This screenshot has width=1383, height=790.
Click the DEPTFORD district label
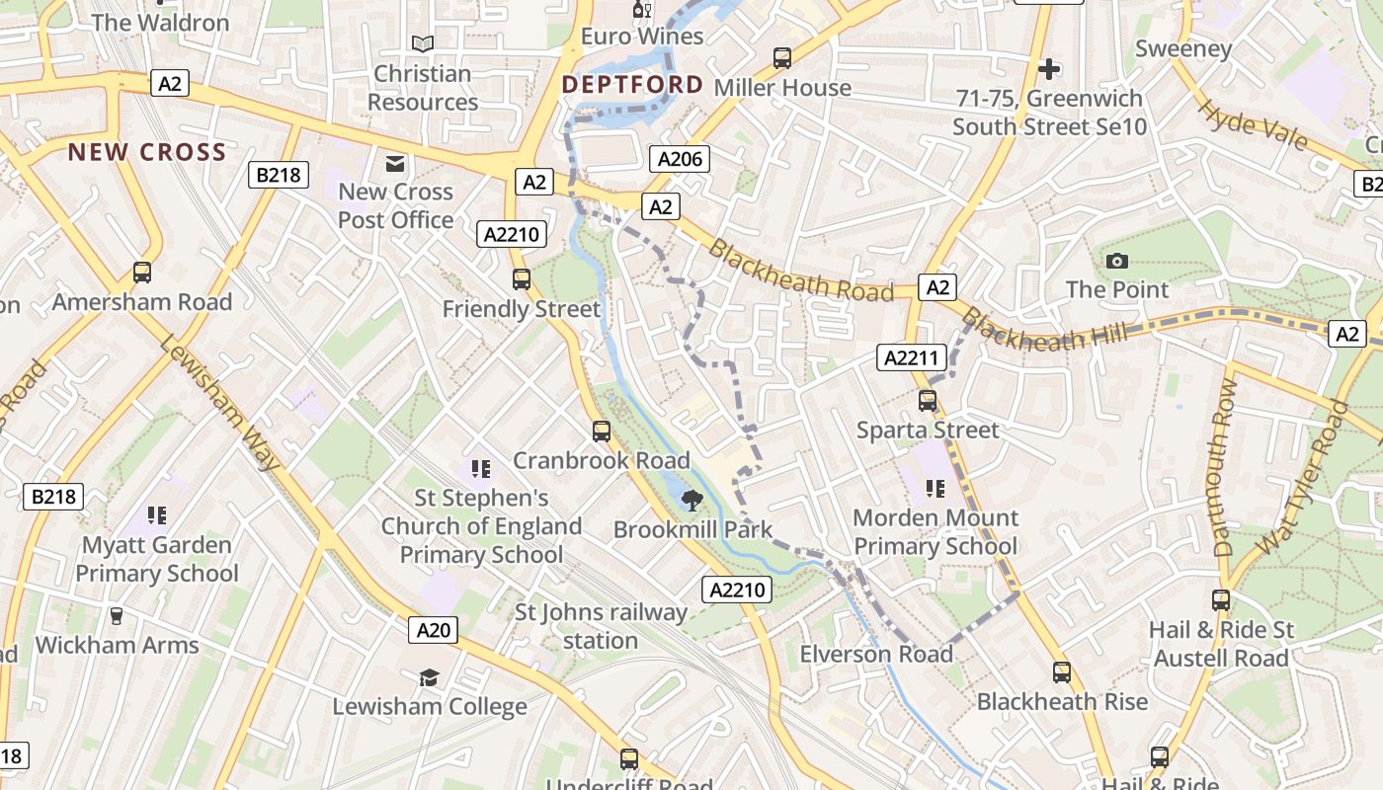click(632, 85)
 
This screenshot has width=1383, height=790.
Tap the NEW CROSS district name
click(147, 152)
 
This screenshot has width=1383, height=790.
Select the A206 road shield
click(680, 159)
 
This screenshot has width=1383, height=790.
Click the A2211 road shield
click(912, 357)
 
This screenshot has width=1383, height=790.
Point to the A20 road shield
click(434, 630)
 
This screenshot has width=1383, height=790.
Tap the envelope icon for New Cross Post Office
click(395, 164)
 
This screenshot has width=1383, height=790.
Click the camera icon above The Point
click(1117, 261)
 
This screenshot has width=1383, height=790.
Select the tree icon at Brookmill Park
click(692, 500)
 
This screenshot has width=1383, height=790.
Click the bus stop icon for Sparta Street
click(928, 401)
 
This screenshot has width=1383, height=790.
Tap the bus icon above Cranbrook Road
click(601, 432)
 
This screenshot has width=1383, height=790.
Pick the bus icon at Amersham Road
click(142, 273)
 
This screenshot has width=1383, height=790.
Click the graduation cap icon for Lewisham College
click(429, 677)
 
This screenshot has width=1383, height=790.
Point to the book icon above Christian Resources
click(423, 44)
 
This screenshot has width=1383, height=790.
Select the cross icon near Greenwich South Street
click(1049, 69)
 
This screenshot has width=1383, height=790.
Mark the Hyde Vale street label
click(1252, 122)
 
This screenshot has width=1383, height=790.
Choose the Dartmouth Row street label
click(1224, 467)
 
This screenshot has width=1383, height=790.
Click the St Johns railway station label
click(601, 626)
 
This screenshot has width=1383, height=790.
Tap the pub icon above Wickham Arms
click(117, 616)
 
